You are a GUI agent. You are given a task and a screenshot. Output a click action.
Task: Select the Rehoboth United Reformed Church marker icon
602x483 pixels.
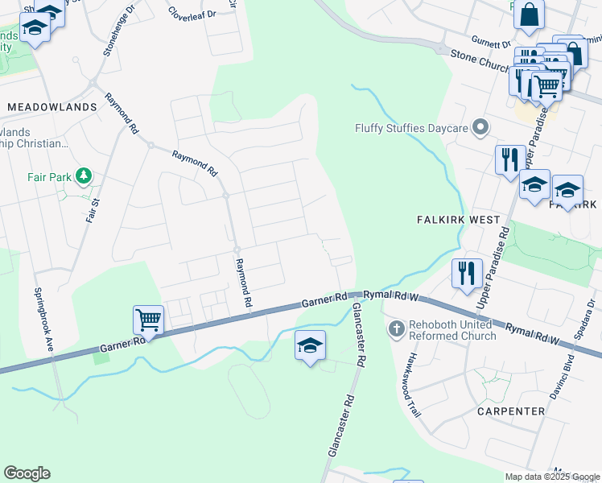[x=396, y=328]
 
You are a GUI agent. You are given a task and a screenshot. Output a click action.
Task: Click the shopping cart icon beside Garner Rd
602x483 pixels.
[x=149, y=320]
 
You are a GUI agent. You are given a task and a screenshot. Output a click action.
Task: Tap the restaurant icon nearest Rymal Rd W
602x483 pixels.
[x=466, y=273]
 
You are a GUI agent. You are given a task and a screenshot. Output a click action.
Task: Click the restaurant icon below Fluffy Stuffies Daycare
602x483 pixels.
[x=509, y=159]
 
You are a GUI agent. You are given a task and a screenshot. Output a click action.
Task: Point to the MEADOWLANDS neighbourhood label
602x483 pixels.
[x=52, y=106]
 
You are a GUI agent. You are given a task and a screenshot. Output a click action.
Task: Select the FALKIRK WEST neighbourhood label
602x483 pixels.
[x=458, y=220]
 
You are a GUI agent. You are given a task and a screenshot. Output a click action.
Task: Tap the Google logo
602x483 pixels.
[x=27, y=473]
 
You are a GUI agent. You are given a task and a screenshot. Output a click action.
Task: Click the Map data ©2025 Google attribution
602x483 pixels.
[x=552, y=477]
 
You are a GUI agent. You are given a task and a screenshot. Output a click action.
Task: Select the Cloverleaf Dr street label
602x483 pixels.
[x=188, y=14]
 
